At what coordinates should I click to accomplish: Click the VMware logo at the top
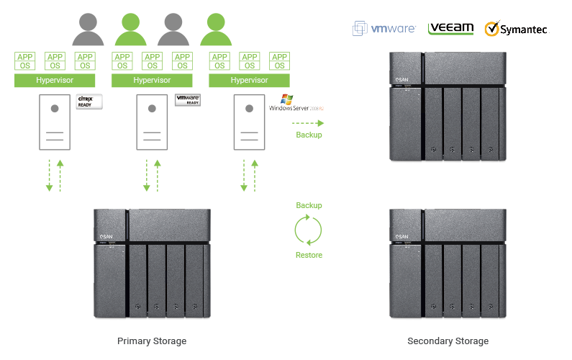click(x=383, y=29)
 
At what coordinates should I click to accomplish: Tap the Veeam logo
click(x=450, y=29)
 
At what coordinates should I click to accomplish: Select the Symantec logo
click(x=517, y=29)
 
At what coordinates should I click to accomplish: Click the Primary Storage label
click(x=152, y=341)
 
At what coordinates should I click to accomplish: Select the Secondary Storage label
click(x=448, y=341)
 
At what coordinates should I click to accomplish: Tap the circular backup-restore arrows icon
click(x=309, y=230)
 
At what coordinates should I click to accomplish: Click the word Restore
click(x=309, y=255)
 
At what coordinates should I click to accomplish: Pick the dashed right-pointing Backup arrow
click(x=308, y=122)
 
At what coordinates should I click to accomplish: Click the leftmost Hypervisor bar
click(x=55, y=80)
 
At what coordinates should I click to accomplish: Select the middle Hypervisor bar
click(x=152, y=80)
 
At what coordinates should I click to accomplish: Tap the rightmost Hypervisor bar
click(x=249, y=80)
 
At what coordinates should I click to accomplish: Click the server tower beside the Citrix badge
click(x=55, y=124)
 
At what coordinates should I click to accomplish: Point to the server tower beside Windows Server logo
click(x=249, y=124)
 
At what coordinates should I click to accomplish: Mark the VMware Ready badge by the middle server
click(x=188, y=100)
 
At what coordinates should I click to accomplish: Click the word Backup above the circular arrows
click(x=309, y=206)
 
